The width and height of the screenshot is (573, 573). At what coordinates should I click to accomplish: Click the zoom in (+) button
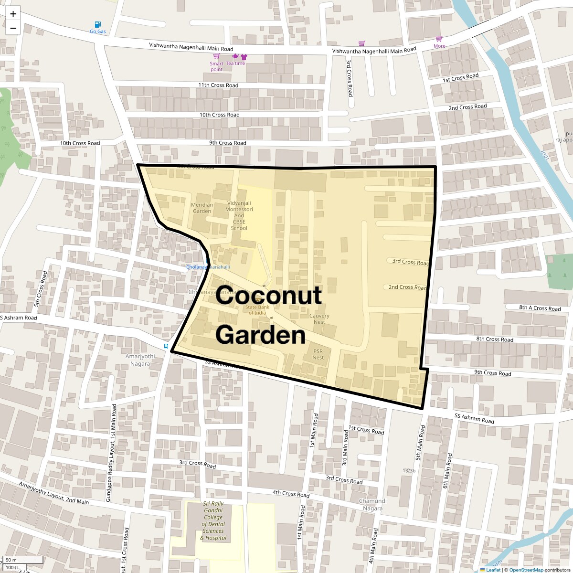click(x=13, y=14)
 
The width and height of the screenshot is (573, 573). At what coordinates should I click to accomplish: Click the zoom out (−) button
click(x=13, y=28)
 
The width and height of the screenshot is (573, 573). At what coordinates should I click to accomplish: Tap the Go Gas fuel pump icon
click(x=98, y=24)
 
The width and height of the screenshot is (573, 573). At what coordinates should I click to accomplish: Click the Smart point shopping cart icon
click(x=216, y=56)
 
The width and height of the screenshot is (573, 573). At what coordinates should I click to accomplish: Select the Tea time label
click(x=235, y=64)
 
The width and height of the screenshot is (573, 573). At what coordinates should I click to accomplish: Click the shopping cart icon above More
click(x=439, y=39)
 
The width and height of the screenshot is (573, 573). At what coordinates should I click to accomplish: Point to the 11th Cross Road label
click(x=218, y=85)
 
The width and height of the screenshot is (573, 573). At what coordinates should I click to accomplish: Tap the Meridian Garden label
click(x=202, y=208)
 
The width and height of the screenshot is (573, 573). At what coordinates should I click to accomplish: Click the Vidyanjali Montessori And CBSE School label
click(x=239, y=215)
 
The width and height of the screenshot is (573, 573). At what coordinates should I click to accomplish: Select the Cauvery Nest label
click(x=319, y=318)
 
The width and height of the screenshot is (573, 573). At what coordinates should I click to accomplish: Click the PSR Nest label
click(x=318, y=354)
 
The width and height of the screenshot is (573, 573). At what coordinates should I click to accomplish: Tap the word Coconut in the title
click(x=268, y=296)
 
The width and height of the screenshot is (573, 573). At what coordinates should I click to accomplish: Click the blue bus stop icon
click(x=166, y=346)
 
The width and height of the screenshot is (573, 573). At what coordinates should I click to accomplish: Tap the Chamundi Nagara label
click(x=372, y=505)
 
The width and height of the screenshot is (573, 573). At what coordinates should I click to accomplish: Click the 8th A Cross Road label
click(x=540, y=308)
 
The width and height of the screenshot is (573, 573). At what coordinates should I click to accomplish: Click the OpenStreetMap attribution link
click(x=526, y=570)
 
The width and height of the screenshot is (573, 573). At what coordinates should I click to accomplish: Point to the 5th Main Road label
click(x=420, y=443)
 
